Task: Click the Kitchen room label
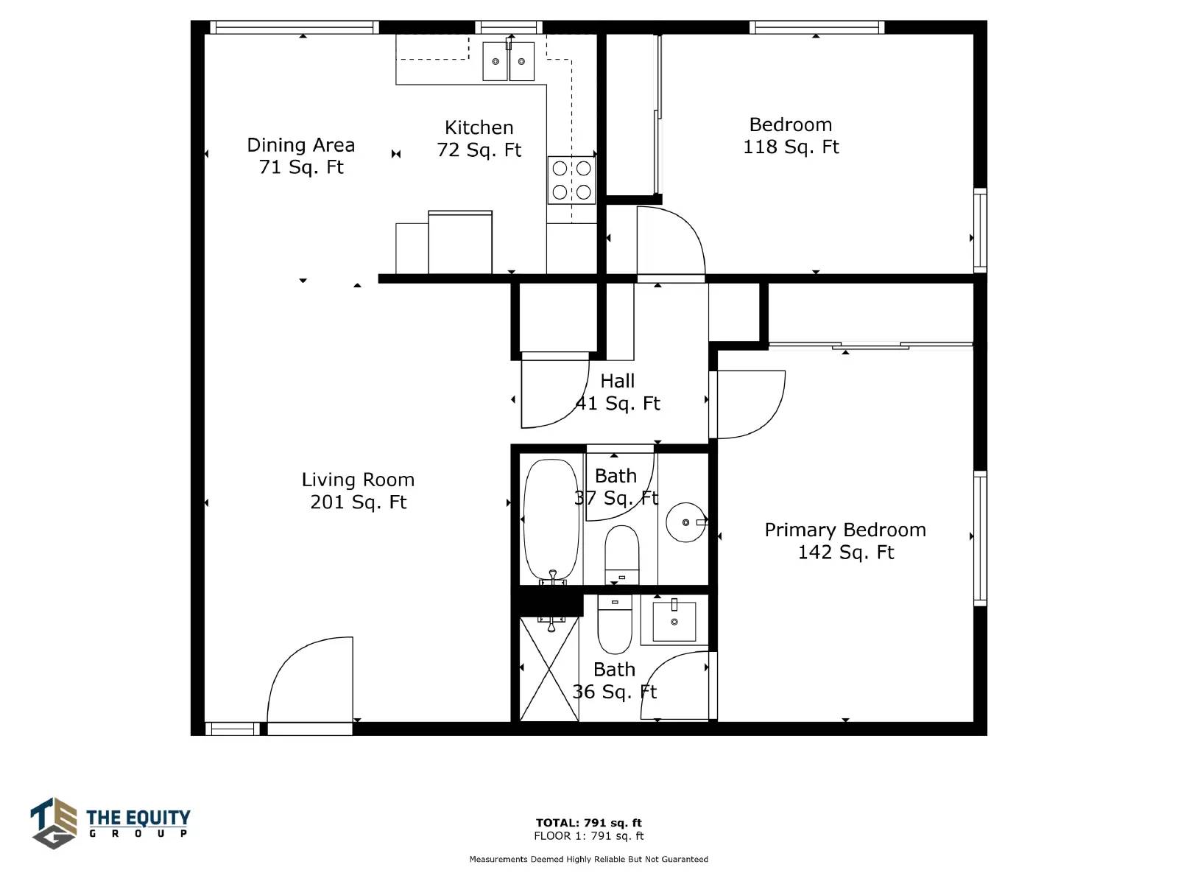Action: click(479, 127)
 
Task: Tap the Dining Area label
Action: click(300, 145)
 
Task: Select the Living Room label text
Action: click(358, 480)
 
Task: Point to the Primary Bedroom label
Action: click(845, 530)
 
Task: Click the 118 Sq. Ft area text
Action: click(791, 147)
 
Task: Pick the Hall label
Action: click(617, 381)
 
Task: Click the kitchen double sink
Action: click(508, 61)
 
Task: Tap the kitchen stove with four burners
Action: click(571, 180)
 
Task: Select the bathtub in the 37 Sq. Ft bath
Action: click(551, 521)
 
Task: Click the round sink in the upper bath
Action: click(686, 522)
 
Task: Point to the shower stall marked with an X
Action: click(549, 669)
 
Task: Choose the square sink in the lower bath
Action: click(674, 621)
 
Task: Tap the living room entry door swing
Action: click(310, 679)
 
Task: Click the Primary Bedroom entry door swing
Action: click(752, 404)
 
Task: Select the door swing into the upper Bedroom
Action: click(671, 240)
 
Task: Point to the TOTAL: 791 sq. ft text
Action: click(589, 822)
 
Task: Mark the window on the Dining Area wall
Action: click(294, 27)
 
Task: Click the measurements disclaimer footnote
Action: click(589, 859)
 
